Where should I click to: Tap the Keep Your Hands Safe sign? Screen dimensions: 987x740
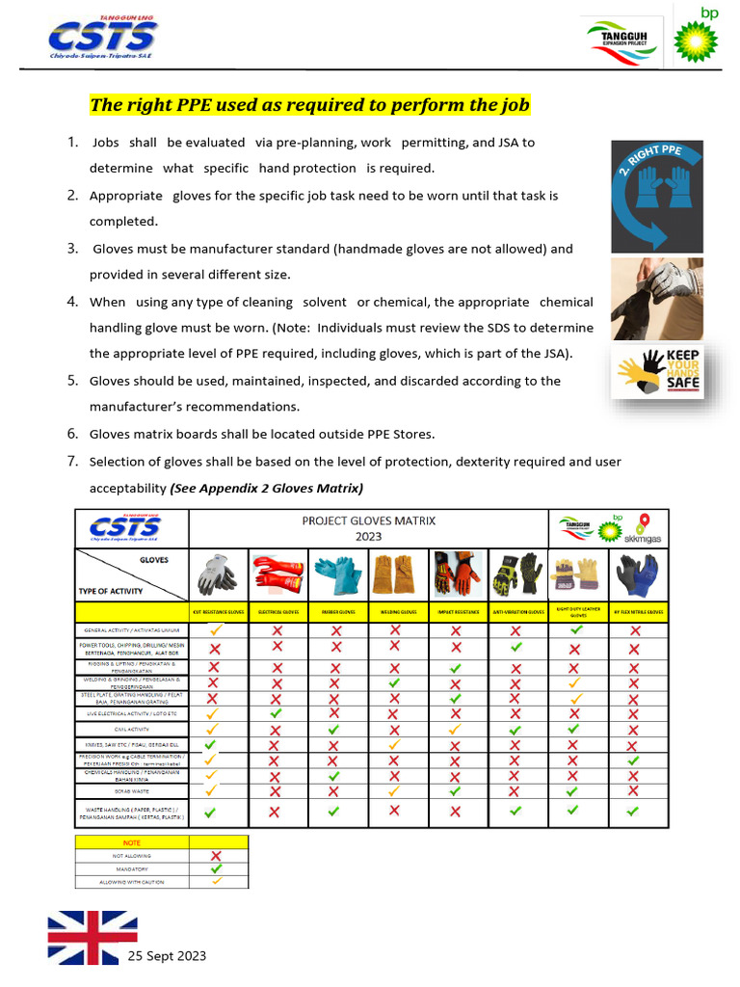click(657, 372)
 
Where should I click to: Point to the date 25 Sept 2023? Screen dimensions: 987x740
click(168, 956)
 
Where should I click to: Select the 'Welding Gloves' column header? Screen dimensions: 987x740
click(396, 612)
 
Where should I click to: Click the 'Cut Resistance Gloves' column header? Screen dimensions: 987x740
click(219, 612)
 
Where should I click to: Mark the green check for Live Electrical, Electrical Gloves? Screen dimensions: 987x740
click(277, 713)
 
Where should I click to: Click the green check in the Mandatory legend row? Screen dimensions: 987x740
click(218, 867)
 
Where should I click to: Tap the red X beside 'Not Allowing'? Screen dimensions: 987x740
click(218, 855)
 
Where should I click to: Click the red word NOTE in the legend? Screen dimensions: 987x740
click(132, 841)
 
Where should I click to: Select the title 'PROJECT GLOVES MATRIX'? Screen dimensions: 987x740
click(368, 520)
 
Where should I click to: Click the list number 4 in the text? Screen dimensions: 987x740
click(72, 302)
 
